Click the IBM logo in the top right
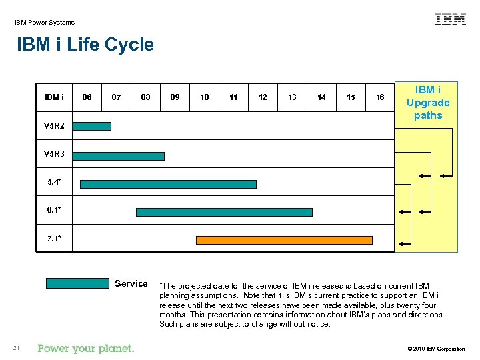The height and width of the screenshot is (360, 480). [x=451, y=19]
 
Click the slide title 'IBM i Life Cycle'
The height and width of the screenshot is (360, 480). [x=85, y=45]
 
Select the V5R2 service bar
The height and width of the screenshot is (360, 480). [x=92, y=125]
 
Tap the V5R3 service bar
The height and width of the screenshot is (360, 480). [x=118, y=156]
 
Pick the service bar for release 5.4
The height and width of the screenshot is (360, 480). [x=167, y=184]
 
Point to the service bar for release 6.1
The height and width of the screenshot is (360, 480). [x=224, y=212]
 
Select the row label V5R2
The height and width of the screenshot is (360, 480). [x=54, y=125]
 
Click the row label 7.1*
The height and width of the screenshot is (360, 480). [x=54, y=238]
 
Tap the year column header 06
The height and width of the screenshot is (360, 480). [x=87, y=97]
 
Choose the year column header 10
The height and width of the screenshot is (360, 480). [x=204, y=97]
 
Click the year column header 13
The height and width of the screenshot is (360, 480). [x=292, y=97]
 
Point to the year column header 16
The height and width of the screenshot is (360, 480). [x=380, y=97]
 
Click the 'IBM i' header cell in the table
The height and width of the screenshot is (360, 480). [x=54, y=97]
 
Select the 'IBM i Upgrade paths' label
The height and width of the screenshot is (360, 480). [x=428, y=103]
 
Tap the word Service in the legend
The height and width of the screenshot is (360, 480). [x=131, y=283]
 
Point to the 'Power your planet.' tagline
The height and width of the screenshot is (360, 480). [x=86, y=348]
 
